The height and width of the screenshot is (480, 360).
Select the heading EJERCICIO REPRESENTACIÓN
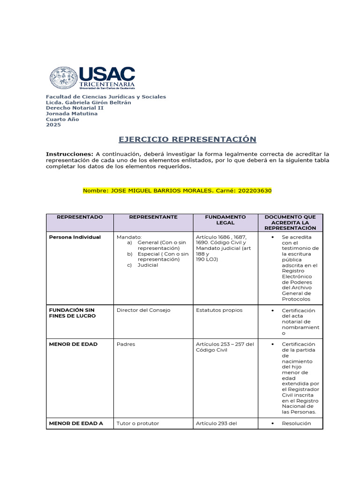[187, 139]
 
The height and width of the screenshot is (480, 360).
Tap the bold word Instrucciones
[69, 154]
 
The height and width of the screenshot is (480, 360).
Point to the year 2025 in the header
[53, 125]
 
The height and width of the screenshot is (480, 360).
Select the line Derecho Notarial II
[75, 108]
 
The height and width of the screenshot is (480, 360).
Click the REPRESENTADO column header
[79, 217]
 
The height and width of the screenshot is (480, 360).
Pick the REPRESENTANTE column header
[153, 217]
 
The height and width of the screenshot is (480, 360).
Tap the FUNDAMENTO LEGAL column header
[225, 220]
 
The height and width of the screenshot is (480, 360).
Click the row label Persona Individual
[75, 237]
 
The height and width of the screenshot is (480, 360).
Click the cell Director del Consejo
[143, 310]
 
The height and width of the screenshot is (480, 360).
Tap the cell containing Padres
[126, 344]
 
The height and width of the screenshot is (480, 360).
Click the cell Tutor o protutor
[138, 423]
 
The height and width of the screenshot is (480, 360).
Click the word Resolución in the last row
[296, 423]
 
